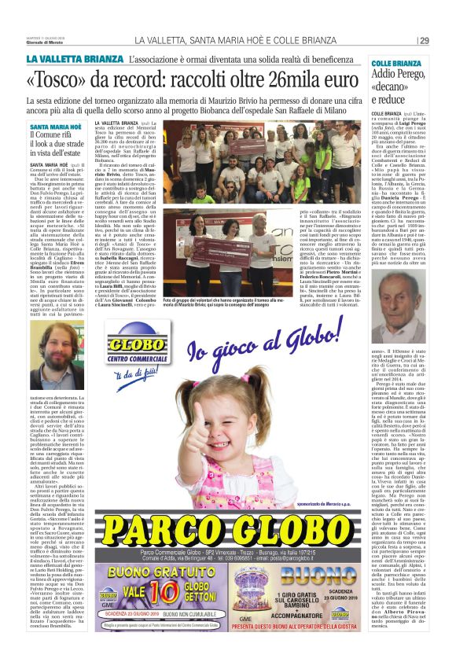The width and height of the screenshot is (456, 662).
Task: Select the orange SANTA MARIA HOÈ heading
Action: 54,125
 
